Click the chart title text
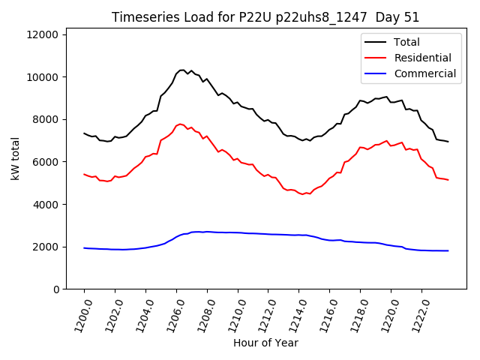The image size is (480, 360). [x=265, y=17]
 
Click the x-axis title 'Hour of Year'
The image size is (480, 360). [x=265, y=343]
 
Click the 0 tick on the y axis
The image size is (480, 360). [x=57, y=289]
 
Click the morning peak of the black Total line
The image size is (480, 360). [x=182, y=70]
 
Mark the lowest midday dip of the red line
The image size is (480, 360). [x=303, y=194]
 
